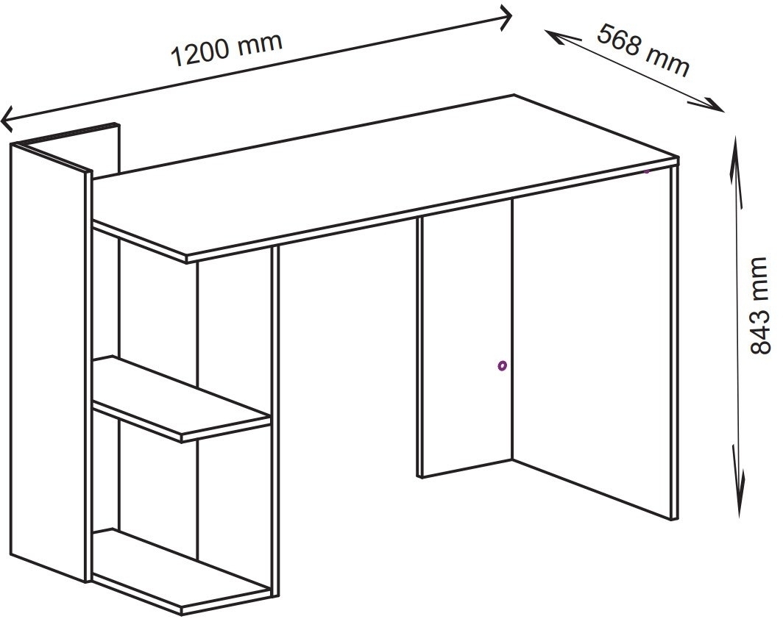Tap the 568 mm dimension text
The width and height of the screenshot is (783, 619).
click(644, 50)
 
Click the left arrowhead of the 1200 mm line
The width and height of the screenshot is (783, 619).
click(7, 118)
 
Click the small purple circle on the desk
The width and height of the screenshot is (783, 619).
click(502, 366)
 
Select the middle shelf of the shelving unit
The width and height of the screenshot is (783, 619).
click(181, 399)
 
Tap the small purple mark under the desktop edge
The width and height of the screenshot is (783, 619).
click(647, 171)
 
